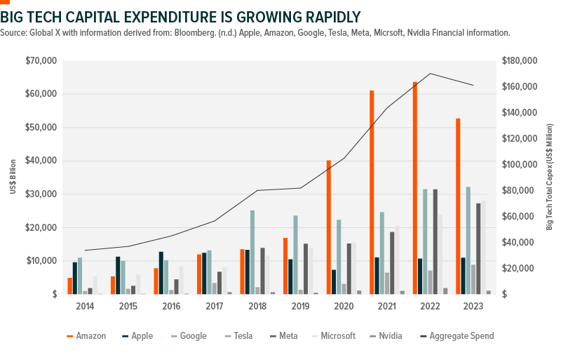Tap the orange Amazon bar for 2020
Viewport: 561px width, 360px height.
coord(328,227)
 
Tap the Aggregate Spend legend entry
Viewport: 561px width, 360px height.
coord(460,336)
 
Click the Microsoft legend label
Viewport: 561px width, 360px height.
coord(333,336)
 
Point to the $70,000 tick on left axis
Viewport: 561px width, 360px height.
coord(41,61)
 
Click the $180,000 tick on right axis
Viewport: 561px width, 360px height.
coord(520,61)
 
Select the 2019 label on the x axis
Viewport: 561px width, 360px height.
coord(300,307)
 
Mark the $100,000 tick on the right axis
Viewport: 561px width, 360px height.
coord(520,165)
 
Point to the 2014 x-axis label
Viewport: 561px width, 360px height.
coord(84,307)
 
